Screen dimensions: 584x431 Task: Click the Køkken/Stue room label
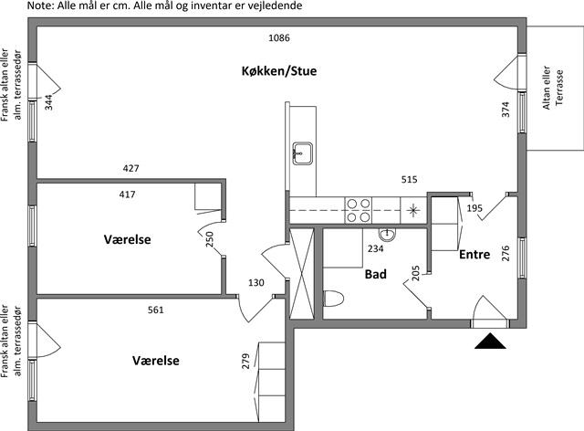coord(279,71)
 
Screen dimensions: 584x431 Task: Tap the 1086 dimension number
coord(279,37)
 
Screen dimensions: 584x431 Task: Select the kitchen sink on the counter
coord(302,152)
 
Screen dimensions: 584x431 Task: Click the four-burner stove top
coord(359,210)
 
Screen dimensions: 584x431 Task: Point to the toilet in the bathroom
coord(334,299)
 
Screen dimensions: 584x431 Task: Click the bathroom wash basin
coord(387,234)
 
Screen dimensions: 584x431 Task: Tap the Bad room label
coord(375,275)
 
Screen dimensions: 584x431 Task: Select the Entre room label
coord(474,254)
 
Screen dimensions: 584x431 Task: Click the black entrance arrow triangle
coord(490,341)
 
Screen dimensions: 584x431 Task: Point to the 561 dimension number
coord(156,310)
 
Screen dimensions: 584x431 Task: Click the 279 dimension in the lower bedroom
coord(245,361)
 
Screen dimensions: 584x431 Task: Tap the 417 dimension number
coord(128,194)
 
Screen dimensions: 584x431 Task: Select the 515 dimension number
coord(410,179)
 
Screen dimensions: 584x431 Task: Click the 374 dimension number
coord(506,110)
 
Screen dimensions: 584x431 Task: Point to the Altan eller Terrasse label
coord(553,88)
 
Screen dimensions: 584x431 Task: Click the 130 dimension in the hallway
coord(256,282)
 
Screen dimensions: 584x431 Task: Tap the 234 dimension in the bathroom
coord(375,248)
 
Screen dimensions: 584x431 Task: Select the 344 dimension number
coord(48,102)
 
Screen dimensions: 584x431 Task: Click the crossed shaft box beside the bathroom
coord(302,273)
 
